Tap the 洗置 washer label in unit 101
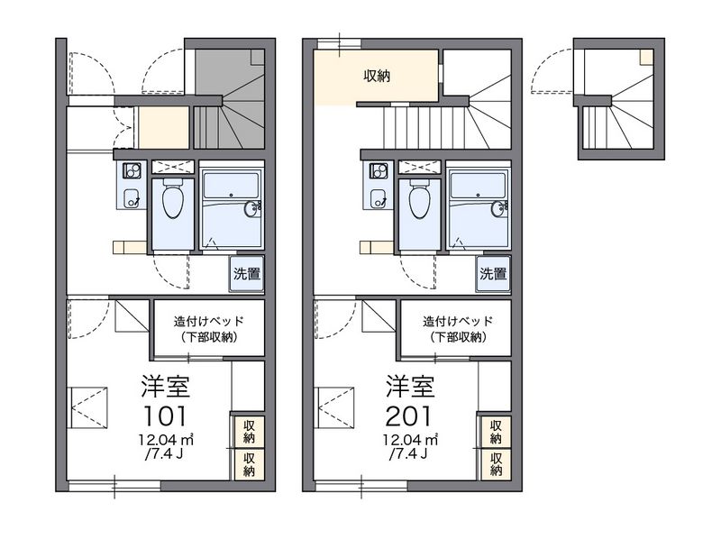tap(247, 274)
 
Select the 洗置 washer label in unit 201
tap(493, 274)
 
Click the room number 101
tap(166, 416)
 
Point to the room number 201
tap(408, 416)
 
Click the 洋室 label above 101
tap(166, 386)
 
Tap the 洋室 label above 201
tap(410, 386)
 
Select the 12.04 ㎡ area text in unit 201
tap(411, 440)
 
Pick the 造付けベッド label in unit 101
tap(209, 321)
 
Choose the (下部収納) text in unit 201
tap(459, 337)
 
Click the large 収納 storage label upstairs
tap(377, 76)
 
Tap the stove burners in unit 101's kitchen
tap(131, 171)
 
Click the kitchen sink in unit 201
tap(379, 197)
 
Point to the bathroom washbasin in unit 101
tap(251, 209)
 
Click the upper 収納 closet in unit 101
tap(250, 432)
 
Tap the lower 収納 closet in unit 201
tap(496, 464)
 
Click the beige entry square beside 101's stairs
tap(164, 128)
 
